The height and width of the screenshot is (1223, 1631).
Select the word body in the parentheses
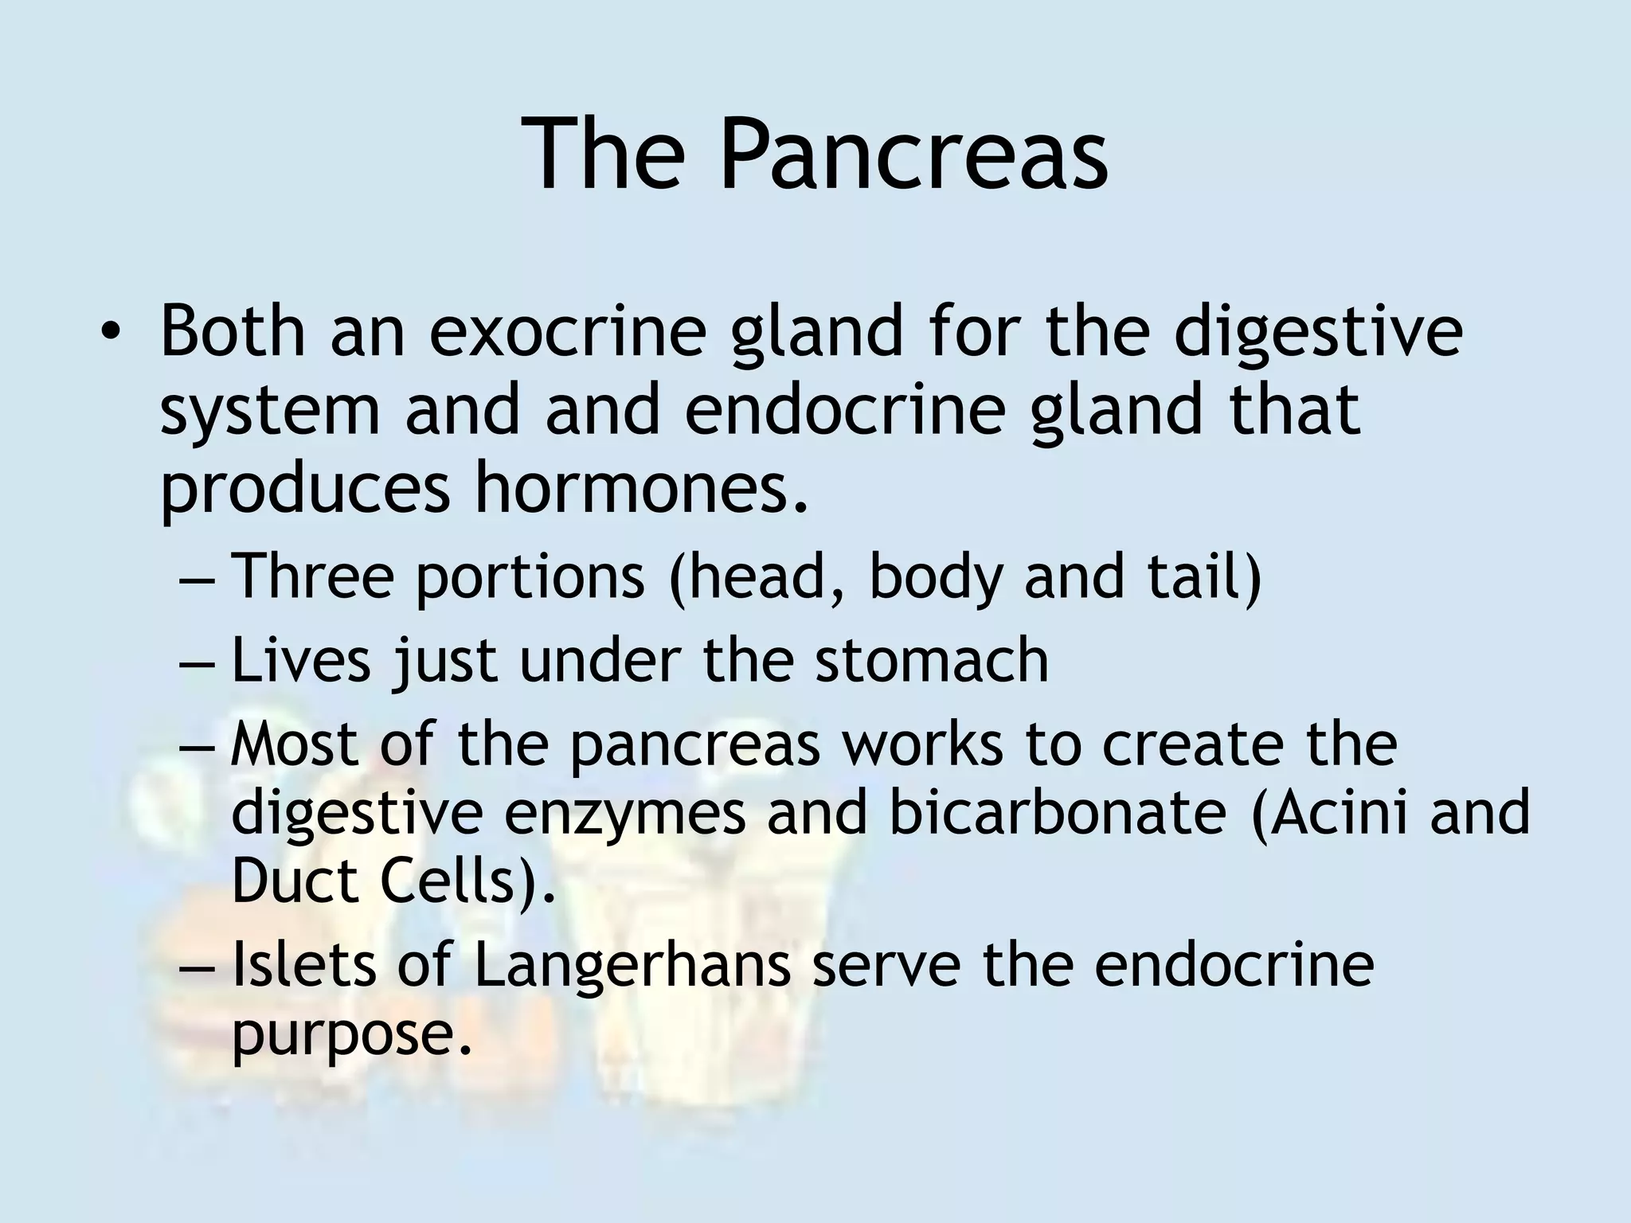pyautogui.click(x=935, y=576)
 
